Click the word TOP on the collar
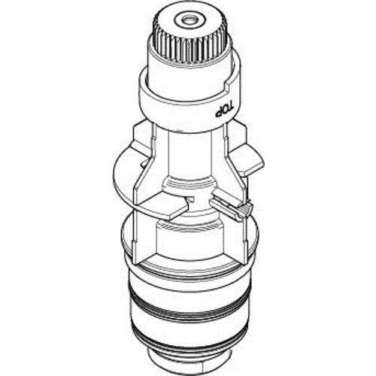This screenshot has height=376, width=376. [225, 110]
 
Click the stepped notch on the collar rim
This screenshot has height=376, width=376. [229, 86]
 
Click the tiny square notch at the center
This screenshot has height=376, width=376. [191, 199]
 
